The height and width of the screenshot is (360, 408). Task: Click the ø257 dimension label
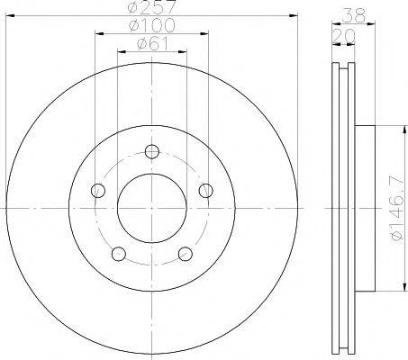pos(151,6)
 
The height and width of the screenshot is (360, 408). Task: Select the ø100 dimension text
pos(151,25)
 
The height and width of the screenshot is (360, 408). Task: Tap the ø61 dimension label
pos(152,44)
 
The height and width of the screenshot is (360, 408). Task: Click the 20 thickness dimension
pos(343,36)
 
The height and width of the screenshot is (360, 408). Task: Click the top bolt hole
pos(152,151)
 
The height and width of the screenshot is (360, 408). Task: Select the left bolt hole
pos(98,190)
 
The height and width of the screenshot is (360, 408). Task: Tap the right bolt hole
pos(206,190)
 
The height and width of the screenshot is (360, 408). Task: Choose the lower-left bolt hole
pos(119,254)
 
